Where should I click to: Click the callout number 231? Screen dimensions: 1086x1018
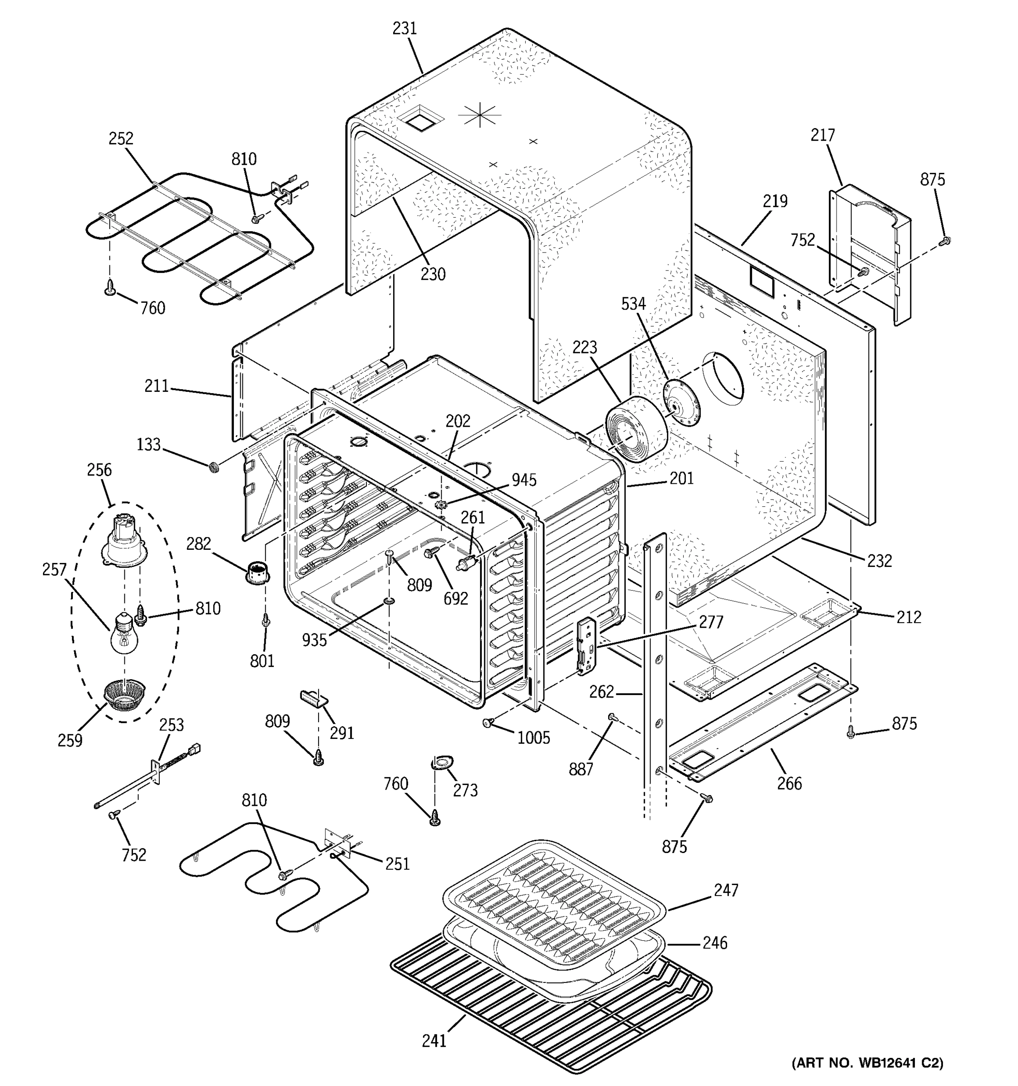tap(404, 29)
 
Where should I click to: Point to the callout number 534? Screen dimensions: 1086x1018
tap(633, 304)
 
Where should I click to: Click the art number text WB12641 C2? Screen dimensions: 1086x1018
tap(867, 1063)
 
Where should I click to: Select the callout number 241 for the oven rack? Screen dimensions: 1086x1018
tap(434, 1041)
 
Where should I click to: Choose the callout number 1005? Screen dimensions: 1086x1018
tap(533, 738)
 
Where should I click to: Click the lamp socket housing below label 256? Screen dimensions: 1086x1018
tap(124, 541)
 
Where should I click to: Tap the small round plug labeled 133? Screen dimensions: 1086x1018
tap(214, 466)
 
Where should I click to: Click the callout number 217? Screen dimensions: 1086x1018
tap(823, 135)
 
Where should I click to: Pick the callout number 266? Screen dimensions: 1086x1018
tap(789, 784)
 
